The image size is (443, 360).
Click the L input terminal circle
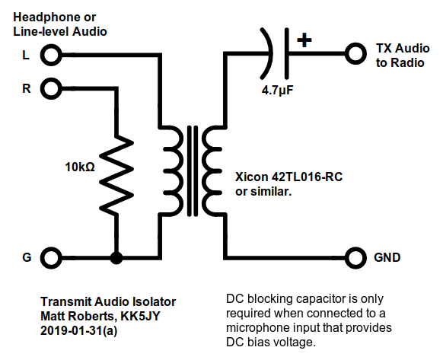(51, 55)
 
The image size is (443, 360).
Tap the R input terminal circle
(51, 89)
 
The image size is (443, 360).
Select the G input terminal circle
(51, 258)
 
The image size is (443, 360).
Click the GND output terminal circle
(355, 258)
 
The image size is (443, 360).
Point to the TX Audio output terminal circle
(355, 53)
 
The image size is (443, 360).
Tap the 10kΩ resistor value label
(80, 167)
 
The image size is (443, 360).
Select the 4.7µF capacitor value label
(277, 91)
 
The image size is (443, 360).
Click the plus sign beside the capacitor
(304, 40)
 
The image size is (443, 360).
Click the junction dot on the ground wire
(116, 258)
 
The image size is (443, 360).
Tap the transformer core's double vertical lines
(193, 171)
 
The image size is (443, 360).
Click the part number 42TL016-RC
(307, 177)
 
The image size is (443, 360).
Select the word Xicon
(251, 177)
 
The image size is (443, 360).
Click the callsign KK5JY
(140, 316)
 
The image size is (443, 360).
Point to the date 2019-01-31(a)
(78, 330)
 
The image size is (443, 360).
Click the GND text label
(387, 257)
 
